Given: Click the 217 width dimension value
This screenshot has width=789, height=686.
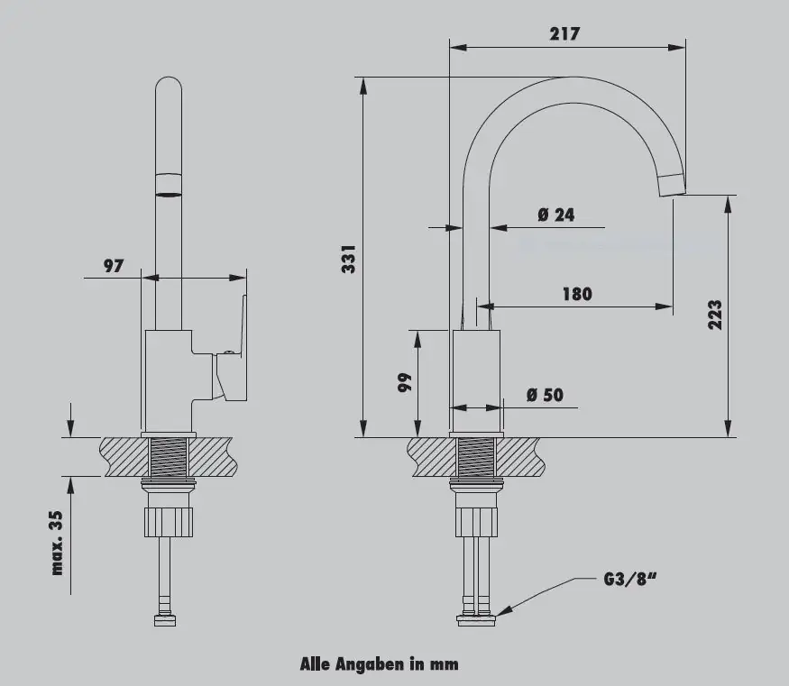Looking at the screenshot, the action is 564,33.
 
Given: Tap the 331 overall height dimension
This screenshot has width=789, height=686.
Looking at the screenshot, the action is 349,260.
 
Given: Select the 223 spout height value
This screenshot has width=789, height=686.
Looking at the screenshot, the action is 714,315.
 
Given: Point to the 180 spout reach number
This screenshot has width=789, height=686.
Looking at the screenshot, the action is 577,294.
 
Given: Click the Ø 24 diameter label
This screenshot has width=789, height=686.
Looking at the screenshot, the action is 556,215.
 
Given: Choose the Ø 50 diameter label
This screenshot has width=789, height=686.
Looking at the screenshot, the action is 545,395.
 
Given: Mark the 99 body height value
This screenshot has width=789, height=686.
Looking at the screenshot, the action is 405,382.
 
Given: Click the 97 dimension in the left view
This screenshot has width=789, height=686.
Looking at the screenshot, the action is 114,266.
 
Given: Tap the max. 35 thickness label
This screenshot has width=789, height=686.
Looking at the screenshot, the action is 57,543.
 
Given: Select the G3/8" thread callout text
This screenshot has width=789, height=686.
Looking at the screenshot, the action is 630,579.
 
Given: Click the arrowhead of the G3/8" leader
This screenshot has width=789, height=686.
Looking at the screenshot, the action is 498,613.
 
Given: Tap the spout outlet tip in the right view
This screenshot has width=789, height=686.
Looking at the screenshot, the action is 673,185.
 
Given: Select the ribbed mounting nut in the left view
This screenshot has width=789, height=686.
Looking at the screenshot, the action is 169,522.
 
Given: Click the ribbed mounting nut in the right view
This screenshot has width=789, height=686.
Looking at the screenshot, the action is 476,522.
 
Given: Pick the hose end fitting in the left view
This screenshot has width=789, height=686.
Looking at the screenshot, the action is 165,618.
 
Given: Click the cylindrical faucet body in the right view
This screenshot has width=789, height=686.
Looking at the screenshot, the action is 476,380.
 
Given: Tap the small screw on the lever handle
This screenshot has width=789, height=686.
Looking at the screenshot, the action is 229,352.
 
